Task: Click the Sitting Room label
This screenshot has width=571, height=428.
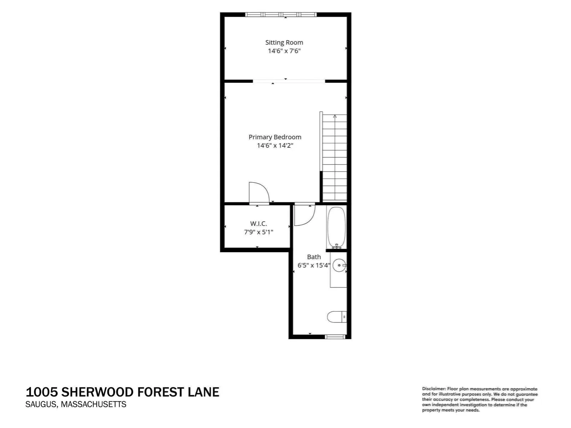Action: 284,42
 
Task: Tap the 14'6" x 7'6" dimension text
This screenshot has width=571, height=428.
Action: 284,51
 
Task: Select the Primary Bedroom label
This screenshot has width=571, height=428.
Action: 275,137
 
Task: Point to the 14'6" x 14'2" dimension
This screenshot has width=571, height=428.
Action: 275,146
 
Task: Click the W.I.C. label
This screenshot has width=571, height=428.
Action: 259,224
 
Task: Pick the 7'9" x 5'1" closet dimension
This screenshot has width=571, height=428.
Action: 259,232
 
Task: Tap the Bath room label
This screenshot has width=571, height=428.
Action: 314,257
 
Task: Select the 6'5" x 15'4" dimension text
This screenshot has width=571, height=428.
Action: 314,265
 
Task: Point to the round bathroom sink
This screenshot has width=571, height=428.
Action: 339,265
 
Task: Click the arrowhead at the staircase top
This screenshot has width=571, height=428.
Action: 335,116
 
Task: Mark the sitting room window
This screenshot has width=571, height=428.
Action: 281,15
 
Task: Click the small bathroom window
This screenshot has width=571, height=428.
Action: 335,337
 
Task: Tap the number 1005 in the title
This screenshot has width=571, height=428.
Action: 42,392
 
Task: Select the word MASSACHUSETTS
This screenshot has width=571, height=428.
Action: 94,404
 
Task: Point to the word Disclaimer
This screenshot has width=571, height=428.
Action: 434,389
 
